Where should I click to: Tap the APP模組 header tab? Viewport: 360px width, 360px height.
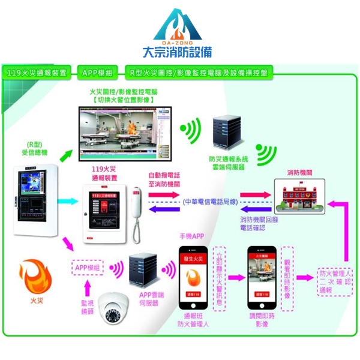click(x=97, y=73)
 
